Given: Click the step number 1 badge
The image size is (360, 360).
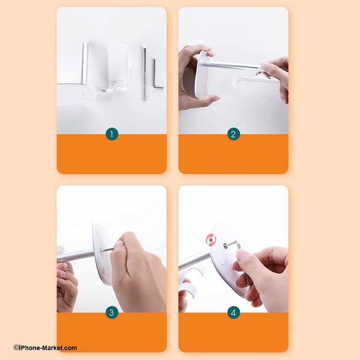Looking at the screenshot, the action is (112, 134).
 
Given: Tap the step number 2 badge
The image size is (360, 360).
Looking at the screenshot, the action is (234, 134).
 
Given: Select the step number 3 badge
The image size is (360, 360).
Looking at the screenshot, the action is (112, 312).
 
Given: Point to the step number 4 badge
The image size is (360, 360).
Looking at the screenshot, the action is (234, 312).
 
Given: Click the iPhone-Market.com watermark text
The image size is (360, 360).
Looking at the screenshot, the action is (45, 348).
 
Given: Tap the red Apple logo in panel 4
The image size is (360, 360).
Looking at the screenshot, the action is (211, 240).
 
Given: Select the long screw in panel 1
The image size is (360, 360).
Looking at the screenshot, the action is (144, 74).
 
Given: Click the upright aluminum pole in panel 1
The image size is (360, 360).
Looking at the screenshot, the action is (85, 64).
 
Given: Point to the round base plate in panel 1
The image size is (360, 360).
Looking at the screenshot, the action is (76, 94).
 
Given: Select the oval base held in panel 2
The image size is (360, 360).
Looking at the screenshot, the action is (199, 75).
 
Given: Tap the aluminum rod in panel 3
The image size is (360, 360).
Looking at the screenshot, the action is (76, 255).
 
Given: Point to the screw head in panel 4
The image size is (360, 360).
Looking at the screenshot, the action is (225, 245).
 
